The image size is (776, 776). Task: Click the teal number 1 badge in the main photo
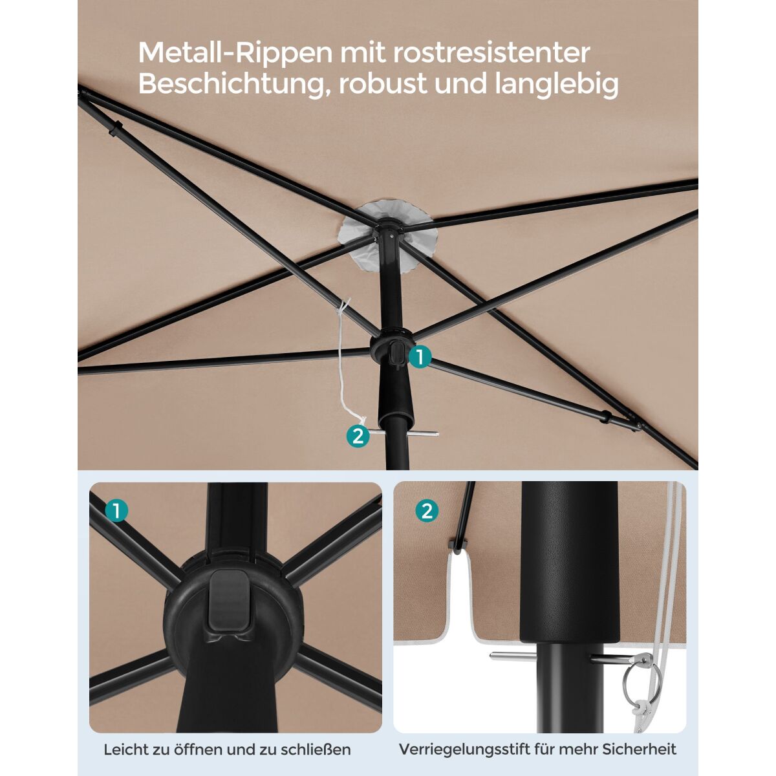click(x=420, y=357)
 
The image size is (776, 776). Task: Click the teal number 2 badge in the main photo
click(x=358, y=436)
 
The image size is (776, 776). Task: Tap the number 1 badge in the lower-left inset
click(x=116, y=511)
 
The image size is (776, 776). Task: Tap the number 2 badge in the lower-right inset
click(x=426, y=511)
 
